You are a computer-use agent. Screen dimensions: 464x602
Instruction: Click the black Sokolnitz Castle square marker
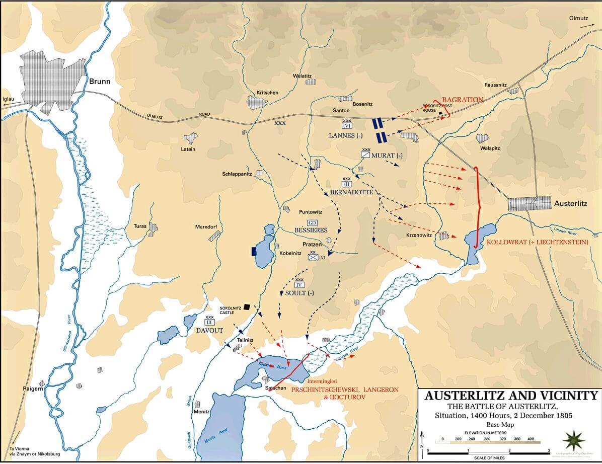[x=247, y=306]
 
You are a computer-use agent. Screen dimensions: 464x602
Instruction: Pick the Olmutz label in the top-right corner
[x=578, y=18]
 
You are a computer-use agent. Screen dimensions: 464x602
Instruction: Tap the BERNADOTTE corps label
[x=352, y=192]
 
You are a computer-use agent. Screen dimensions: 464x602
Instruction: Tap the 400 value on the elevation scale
[x=531, y=439]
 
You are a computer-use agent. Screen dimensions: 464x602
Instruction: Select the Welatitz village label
[x=303, y=76]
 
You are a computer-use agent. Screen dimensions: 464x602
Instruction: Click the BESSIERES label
[x=311, y=230]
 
